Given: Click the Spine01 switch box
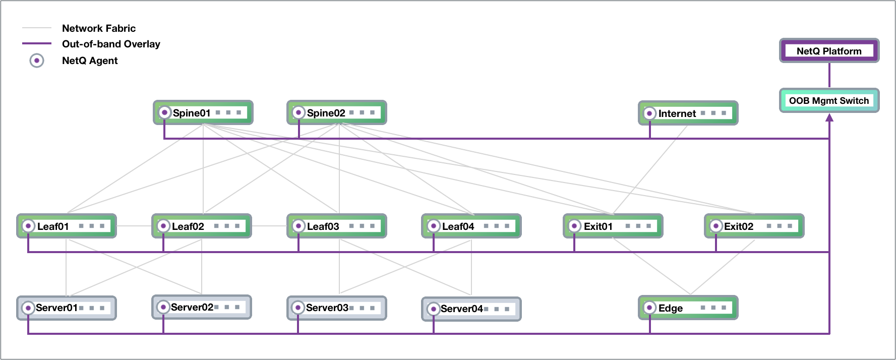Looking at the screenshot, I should [203, 112].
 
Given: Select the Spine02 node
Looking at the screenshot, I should [336, 112].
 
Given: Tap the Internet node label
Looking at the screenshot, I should [677, 113].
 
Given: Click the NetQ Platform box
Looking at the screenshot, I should [829, 51].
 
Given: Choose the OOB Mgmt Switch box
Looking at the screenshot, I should [829, 100].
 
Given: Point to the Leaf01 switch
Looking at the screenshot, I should [67, 226].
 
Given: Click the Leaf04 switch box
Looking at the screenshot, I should [471, 226].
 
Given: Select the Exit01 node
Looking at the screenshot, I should [613, 226].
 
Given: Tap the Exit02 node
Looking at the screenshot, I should [754, 226].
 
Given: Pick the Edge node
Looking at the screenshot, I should [688, 308].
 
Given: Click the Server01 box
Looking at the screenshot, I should [67, 308].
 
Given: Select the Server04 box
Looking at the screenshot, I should [471, 309].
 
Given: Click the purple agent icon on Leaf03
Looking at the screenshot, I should [298, 226].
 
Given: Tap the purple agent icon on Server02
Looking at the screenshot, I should [163, 307].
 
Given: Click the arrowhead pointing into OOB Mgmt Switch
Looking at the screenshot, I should [829, 117].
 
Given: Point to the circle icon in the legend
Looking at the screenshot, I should [37, 61].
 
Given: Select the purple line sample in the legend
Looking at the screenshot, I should [37, 43].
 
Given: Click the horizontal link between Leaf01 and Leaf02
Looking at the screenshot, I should [134, 226].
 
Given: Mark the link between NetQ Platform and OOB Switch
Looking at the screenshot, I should [829, 75].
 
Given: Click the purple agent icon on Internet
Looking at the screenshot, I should [649, 113].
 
